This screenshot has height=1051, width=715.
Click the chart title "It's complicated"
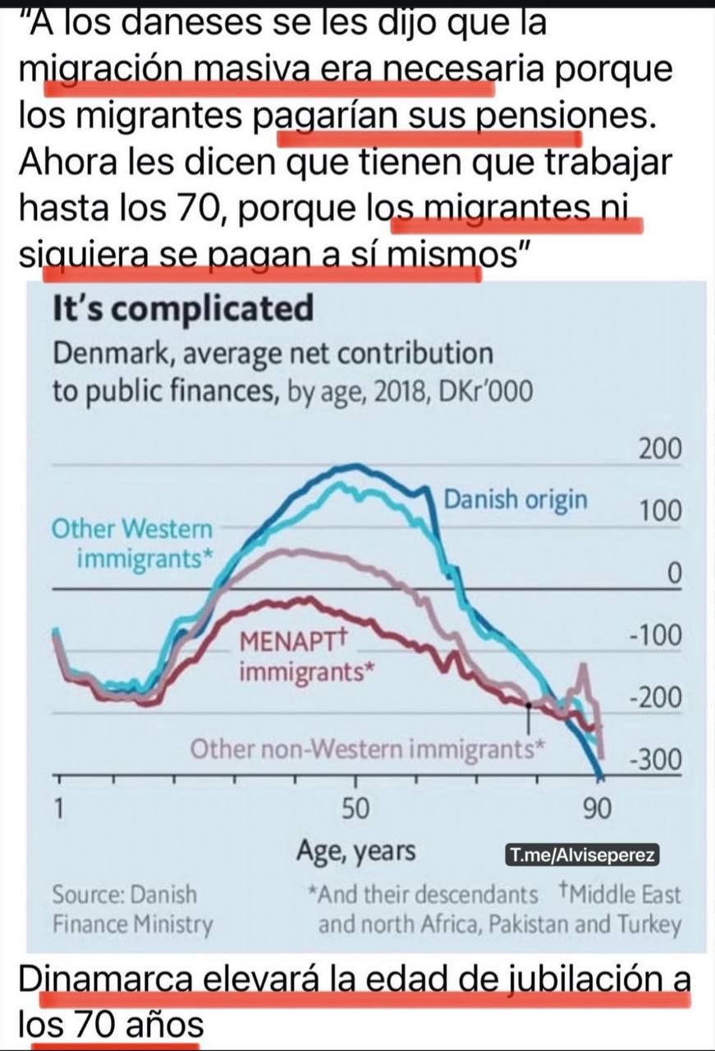[x=182, y=310]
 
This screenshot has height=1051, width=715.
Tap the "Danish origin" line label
[x=516, y=498]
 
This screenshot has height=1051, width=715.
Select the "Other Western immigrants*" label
[x=132, y=544]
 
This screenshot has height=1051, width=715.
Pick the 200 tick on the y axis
[x=659, y=450]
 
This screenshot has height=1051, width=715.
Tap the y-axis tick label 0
[x=672, y=575]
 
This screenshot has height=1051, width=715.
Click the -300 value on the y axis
[x=655, y=760]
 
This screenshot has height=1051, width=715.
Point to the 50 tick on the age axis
[x=355, y=808]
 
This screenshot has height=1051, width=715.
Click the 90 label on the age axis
[x=598, y=808]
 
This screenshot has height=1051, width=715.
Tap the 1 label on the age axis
[x=58, y=808]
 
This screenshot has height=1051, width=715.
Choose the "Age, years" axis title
[x=355, y=851]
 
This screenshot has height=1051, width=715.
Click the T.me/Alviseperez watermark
[x=581, y=856]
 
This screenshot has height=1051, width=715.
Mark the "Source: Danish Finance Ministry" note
[x=132, y=909]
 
